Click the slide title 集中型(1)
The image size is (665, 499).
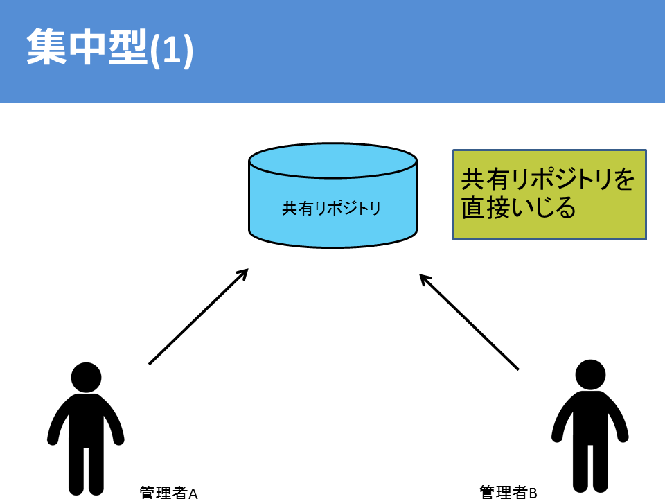tap(109, 49)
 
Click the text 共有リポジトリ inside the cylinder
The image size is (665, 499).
tap(332, 208)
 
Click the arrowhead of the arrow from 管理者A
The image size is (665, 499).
tap(242, 274)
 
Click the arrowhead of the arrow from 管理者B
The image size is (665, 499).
tap(425, 279)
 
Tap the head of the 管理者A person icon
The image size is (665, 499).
tap(86, 378)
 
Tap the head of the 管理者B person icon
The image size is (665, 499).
tap(590, 375)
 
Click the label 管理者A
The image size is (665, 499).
tap(169, 493)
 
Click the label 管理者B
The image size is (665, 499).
tap(508, 491)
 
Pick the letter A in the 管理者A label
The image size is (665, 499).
tap(194, 493)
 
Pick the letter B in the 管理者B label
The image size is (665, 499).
tap(533, 492)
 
